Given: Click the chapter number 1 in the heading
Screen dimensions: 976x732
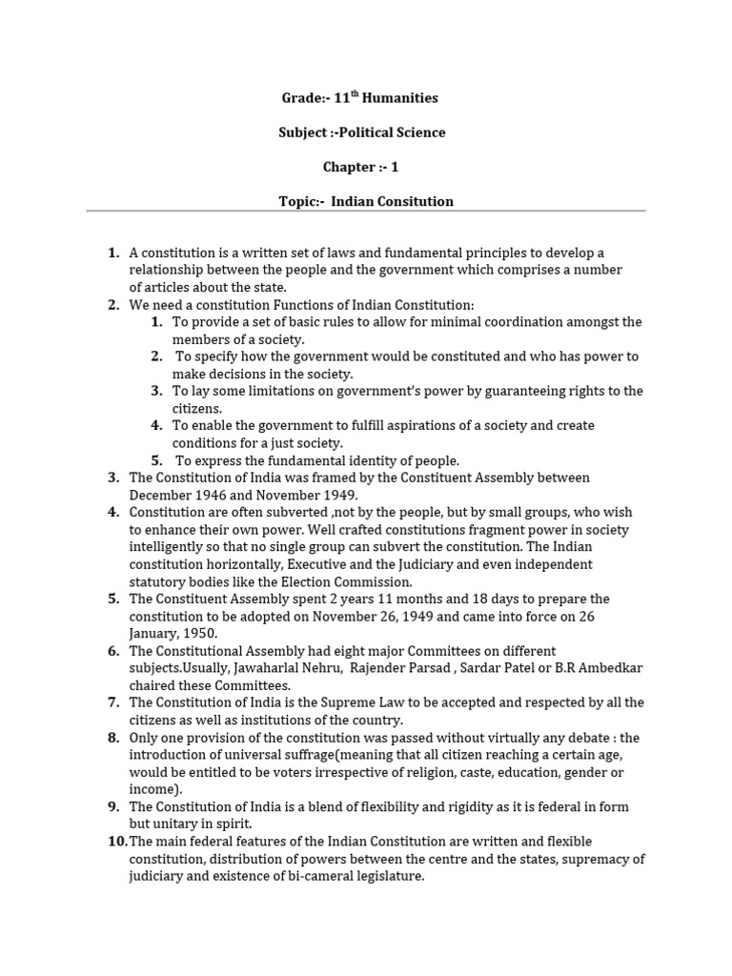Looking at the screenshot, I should [394, 167].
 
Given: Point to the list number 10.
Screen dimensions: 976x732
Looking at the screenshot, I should [117, 841].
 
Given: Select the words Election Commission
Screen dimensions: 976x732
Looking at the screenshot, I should [356, 581].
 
